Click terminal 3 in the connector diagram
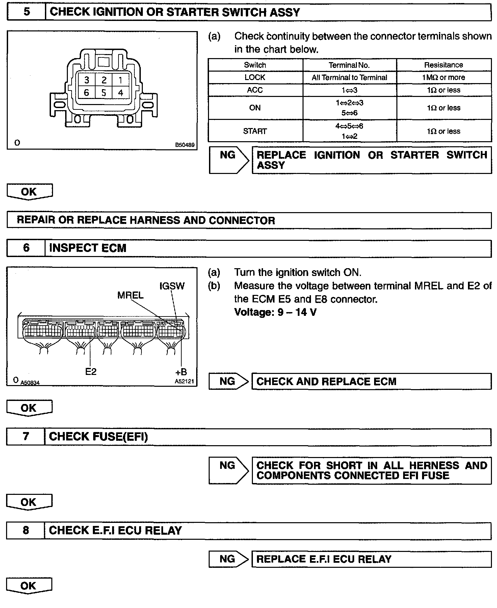(x=87, y=80)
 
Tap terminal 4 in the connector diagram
(x=121, y=93)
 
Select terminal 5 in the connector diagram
(x=104, y=93)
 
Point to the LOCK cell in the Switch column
(x=255, y=77)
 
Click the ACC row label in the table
(x=255, y=90)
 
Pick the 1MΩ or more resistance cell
(x=443, y=77)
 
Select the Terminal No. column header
(x=349, y=65)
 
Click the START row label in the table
(x=255, y=131)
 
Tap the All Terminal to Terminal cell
(x=349, y=77)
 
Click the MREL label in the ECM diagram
(x=130, y=295)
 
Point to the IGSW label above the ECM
(x=172, y=286)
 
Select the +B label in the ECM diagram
(x=181, y=372)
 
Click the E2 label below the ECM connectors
(x=91, y=372)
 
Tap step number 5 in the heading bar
(x=26, y=12)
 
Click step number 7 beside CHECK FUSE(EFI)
(x=26, y=436)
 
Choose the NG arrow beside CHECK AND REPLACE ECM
(x=228, y=381)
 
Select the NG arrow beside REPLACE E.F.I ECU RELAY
(x=228, y=559)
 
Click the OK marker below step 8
(x=29, y=585)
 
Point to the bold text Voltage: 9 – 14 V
(x=275, y=312)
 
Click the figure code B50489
(x=185, y=145)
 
